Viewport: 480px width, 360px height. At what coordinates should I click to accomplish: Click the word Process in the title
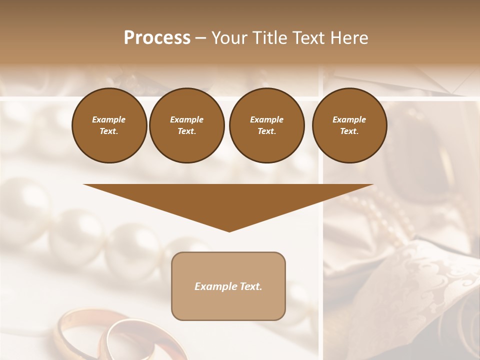pos(157,38)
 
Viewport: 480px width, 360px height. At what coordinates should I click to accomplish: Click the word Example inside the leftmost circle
pos(109,119)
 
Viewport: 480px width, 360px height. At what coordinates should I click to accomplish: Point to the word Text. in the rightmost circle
pos(349,131)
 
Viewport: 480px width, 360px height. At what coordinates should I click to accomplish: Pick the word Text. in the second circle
pos(186,131)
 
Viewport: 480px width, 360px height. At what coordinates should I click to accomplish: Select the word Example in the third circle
pos(266,119)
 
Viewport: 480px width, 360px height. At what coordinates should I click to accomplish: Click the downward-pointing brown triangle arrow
pos(228,200)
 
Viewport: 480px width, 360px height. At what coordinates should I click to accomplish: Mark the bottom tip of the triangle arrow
pos(229,230)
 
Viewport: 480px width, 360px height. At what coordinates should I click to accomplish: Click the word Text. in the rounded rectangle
pos(250,286)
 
